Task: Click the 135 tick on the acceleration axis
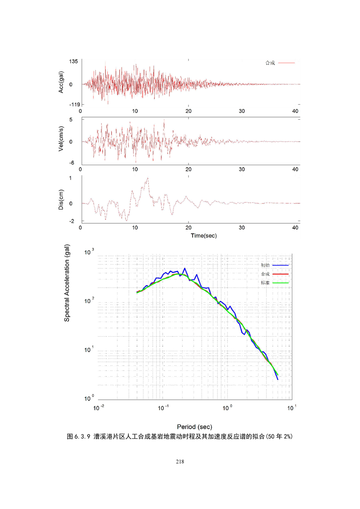pos(74,61)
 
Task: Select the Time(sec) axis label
pos(190,236)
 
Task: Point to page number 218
pos(180,462)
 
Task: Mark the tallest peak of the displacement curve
pos(148,178)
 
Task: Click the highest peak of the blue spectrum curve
pos(184,269)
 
